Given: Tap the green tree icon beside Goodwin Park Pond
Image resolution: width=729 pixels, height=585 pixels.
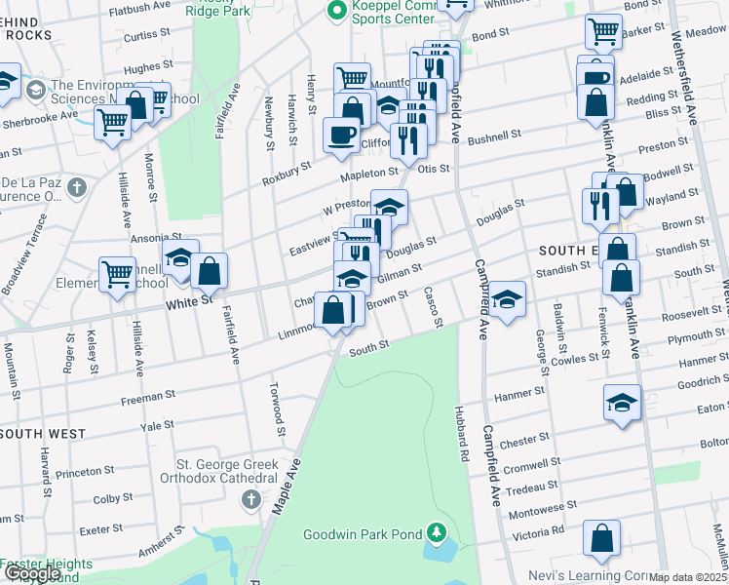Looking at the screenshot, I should click(439, 532).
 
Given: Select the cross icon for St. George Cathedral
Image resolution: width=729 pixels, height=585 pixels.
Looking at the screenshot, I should click(250, 500).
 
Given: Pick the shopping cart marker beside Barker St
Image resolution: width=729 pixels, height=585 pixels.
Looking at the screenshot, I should click(603, 32).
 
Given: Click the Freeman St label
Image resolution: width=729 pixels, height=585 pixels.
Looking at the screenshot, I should click(147, 400).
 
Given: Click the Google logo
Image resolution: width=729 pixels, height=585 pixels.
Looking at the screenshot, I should click(33, 573).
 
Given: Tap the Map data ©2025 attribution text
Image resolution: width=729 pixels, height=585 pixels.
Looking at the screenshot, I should click(688, 577).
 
